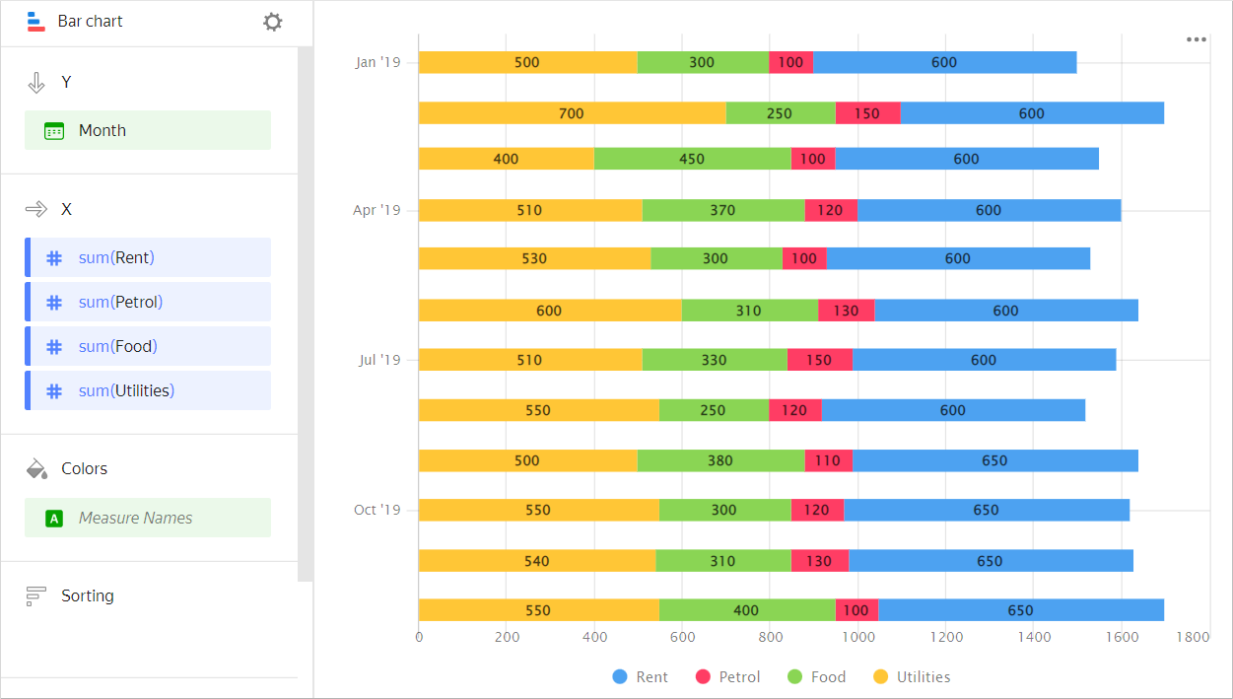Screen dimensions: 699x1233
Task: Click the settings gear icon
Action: pos(273,22)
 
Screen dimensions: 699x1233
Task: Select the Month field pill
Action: pos(148,130)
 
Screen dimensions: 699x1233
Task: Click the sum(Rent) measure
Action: pos(148,257)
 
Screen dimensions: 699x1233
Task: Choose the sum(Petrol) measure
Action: pos(148,302)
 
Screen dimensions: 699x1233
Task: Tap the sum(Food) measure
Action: pos(148,346)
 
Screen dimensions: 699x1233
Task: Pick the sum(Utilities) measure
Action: pos(148,390)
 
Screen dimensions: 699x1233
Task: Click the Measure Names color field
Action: pos(148,518)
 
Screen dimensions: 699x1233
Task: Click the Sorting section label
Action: pos(87,595)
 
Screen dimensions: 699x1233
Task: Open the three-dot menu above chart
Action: pos(1197,39)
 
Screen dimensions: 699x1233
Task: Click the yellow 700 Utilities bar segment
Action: pos(572,113)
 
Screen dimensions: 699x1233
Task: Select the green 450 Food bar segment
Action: pos(692,159)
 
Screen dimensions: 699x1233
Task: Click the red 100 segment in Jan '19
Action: pos(790,62)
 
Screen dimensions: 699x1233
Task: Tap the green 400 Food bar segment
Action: pos(746,610)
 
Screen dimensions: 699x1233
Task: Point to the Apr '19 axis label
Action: pos(377,210)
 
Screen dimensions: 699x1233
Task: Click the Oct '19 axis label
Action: pos(377,510)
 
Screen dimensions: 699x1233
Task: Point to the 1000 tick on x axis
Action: pos(857,638)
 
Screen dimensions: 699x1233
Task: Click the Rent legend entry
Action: pos(641,677)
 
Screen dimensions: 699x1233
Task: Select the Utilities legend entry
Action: pos(913,677)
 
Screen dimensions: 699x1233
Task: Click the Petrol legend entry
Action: pos(728,677)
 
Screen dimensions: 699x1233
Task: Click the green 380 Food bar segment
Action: pos(719,460)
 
